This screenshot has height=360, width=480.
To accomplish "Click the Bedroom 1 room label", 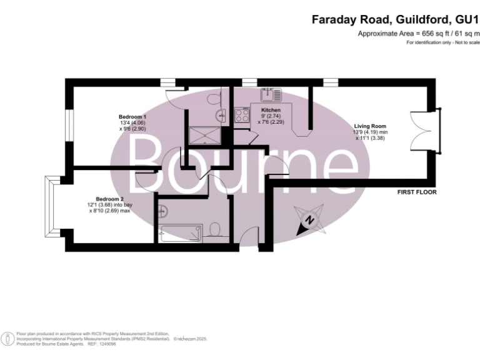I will (x=132, y=117).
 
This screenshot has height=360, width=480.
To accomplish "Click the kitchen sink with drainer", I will (x=272, y=94).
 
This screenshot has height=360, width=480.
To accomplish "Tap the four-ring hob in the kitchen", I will (x=242, y=115).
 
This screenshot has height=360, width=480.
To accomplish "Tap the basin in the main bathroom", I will (x=161, y=209).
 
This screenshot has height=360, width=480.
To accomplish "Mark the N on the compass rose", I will (x=307, y=220).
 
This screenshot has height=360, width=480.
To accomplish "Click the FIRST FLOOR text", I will (x=417, y=192).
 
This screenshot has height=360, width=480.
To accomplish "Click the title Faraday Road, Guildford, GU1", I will (x=395, y=20).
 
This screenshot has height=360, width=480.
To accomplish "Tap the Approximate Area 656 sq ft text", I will (x=418, y=34).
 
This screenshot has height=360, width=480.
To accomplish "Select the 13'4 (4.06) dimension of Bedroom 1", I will (x=132, y=123).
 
